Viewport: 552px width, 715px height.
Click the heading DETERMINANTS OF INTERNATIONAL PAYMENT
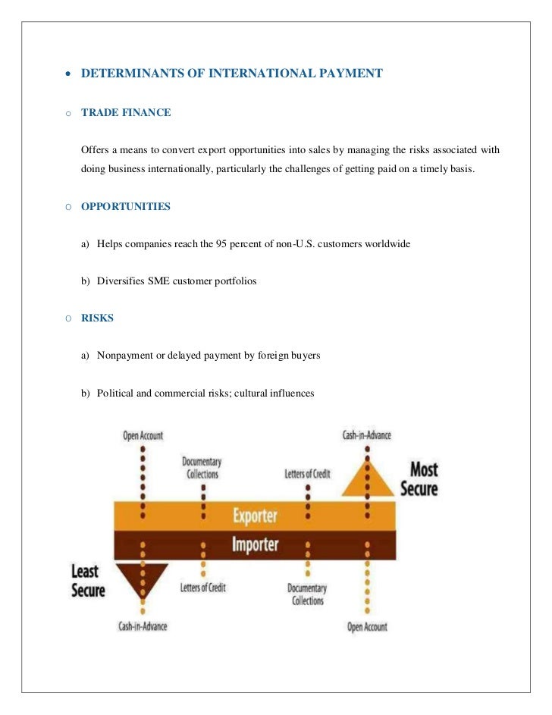[x=231, y=74]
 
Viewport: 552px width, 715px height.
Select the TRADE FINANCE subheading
[x=126, y=112]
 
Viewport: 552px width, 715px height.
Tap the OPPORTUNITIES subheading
[x=126, y=206]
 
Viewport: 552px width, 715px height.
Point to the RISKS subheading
[x=97, y=318]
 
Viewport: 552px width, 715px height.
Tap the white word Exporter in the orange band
[x=255, y=516]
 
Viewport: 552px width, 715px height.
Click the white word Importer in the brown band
[x=255, y=544]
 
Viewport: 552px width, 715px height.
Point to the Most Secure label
[x=419, y=478]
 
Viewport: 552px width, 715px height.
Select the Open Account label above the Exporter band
[x=143, y=435]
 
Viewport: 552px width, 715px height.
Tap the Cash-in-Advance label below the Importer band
[x=143, y=626]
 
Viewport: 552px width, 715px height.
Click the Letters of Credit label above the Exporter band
[x=307, y=474]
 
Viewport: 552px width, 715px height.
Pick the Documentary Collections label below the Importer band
[x=307, y=594]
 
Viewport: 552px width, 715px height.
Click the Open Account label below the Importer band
[x=367, y=627]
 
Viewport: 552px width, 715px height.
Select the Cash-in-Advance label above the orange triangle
[x=367, y=435]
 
